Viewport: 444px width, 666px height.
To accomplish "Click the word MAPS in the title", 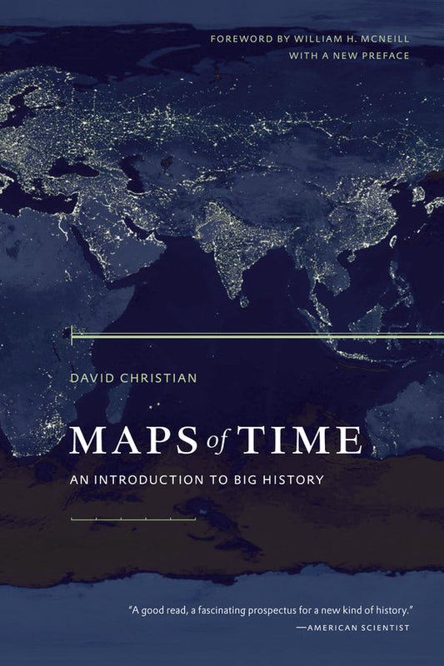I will (124, 439).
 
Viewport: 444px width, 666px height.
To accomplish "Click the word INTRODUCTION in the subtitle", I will (156, 480).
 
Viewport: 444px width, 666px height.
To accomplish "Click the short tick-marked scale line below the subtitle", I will (133, 519).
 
